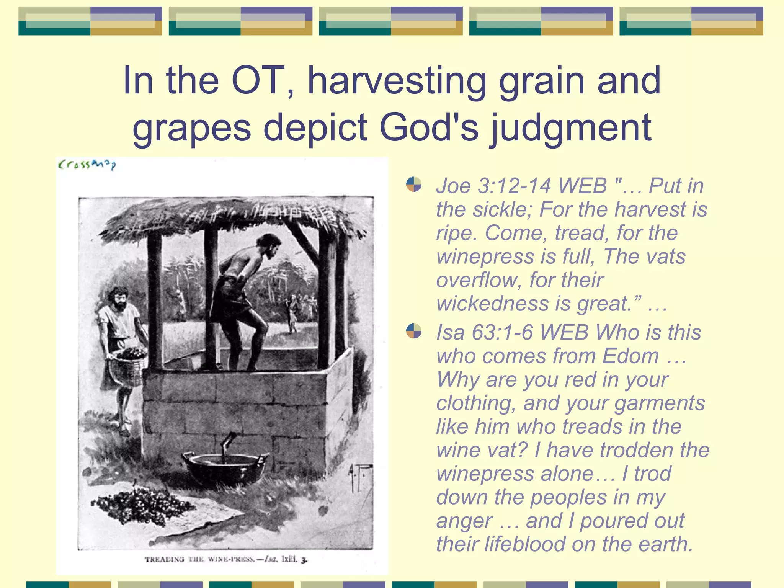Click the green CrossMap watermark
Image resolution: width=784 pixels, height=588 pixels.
(x=87, y=165)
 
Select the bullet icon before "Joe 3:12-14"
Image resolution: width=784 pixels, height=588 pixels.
(x=413, y=185)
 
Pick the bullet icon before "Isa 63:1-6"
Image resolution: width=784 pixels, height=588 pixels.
(x=413, y=331)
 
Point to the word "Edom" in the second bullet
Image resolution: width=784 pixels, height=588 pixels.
(x=630, y=356)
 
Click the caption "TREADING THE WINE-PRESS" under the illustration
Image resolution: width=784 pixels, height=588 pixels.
(x=199, y=559)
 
